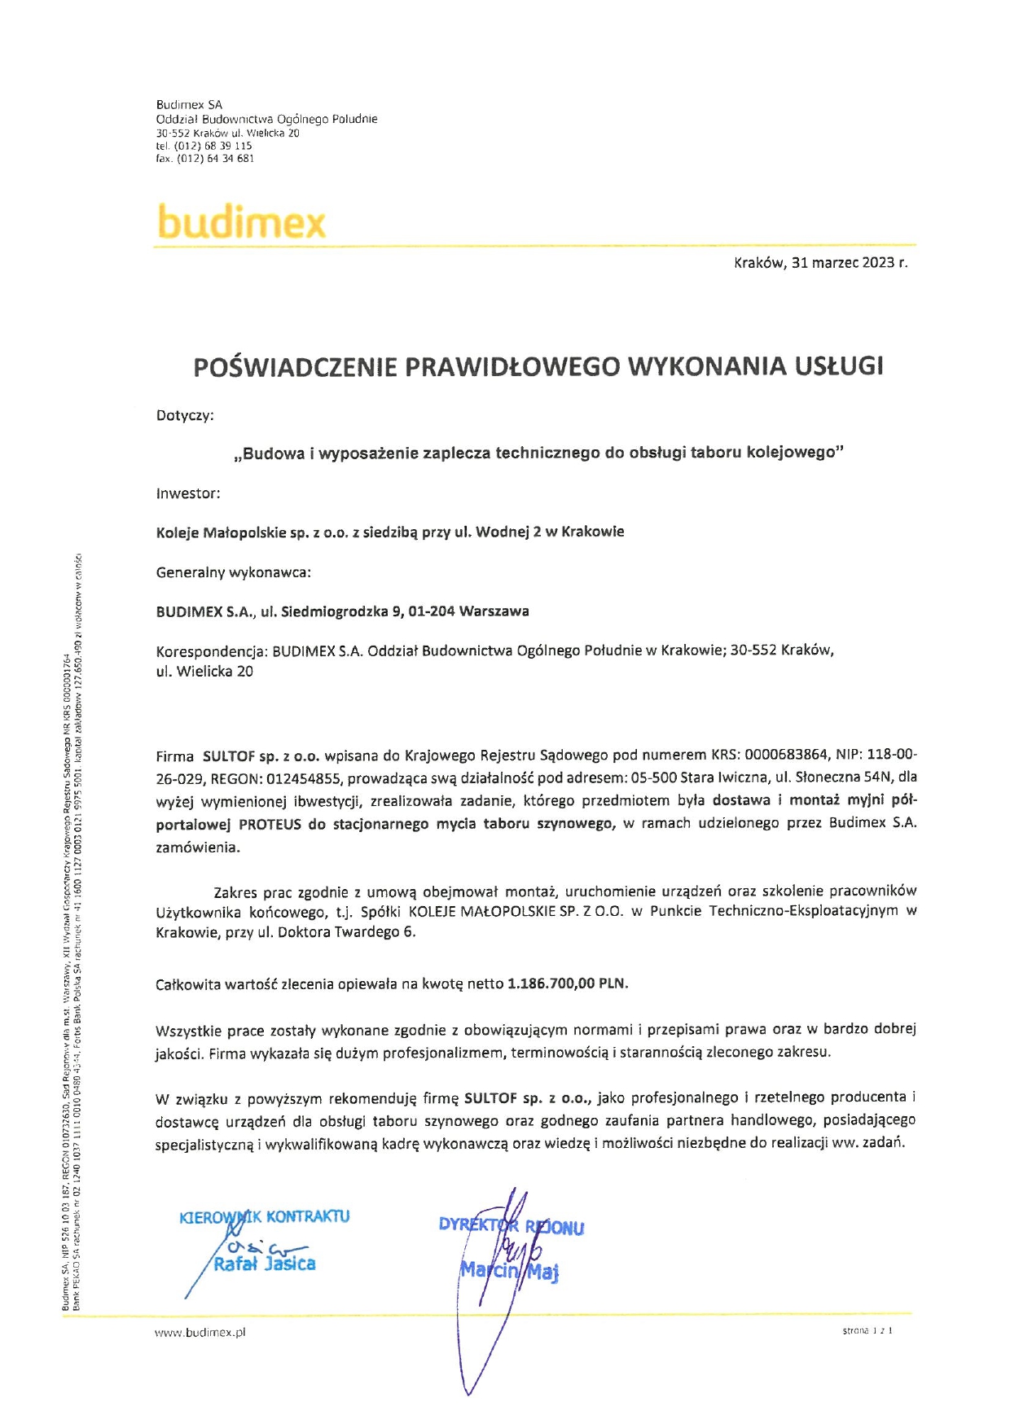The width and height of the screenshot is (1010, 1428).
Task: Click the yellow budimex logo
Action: point(241,221)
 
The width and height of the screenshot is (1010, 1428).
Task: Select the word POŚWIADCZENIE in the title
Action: point(295,367)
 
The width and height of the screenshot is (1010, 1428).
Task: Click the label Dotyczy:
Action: point(185,416)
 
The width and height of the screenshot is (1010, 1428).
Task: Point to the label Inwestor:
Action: point(188,493)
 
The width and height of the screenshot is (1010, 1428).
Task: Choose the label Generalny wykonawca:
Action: point(234,572)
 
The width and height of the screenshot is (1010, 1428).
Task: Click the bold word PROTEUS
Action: point(270,824)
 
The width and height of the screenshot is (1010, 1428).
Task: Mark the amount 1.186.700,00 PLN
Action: point(567,983)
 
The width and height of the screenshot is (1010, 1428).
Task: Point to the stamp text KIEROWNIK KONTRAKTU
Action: point(265,1217)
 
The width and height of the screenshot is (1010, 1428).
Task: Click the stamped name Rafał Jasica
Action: point(265,1264)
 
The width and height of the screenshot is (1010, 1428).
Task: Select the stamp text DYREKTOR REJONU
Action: point(511,1226)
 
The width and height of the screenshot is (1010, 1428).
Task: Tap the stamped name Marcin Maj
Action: point(509,1270)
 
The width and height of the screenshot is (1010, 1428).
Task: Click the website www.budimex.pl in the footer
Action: point(200,1333)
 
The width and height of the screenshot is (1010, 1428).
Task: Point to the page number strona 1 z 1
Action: point(867,1331)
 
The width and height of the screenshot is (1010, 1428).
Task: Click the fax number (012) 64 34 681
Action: point(215,159)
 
